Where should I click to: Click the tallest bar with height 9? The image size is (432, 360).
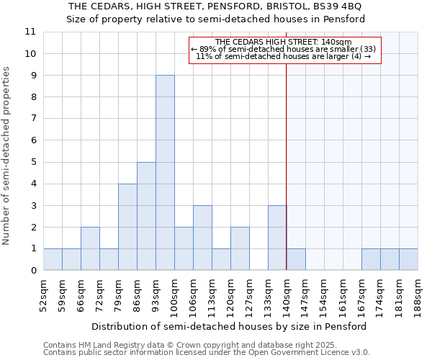(165, 173)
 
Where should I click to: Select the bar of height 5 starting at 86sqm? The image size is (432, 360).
(146, 216)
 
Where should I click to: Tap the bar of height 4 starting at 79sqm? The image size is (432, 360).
(127, 227)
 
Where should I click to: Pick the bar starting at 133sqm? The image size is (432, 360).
(277, 238)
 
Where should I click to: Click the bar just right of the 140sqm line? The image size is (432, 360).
(296, 259)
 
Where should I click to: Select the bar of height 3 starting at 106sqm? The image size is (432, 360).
(202, 238)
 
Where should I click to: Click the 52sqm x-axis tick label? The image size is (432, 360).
(44, 293)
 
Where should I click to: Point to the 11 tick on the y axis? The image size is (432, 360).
(30, 32)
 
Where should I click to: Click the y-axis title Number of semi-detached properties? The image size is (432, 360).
(6, 156)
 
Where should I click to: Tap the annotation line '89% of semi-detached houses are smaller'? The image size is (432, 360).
(284, 49)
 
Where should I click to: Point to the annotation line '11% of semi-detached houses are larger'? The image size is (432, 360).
(284, 56)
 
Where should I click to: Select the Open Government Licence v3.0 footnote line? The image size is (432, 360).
(207, 352)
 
